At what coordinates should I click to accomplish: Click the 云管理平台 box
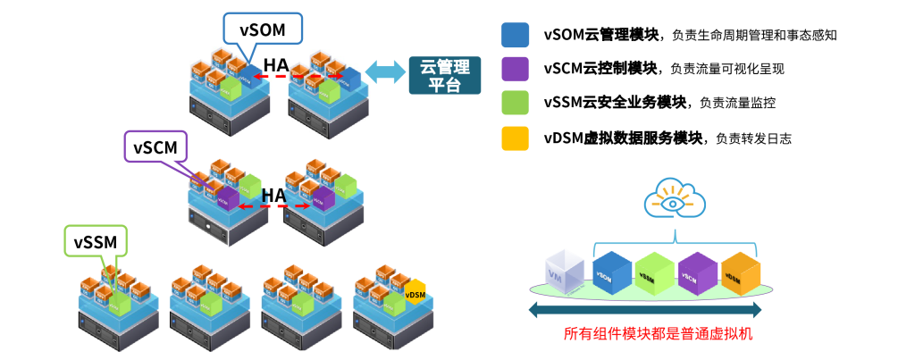[x=444, y=75]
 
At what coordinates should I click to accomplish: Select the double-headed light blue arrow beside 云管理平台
[x=386, y=72]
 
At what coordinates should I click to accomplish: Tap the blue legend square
[x=515, y=35]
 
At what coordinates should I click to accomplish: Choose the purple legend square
[x=515, y=69]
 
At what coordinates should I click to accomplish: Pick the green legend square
[x=515, y=103]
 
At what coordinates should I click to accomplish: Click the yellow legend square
[x=515, y=138]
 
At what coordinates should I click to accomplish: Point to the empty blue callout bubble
[x=262, y=29]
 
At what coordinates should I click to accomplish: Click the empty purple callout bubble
[x=155, y=146]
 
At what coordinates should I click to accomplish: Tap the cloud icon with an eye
[x=676, y=199]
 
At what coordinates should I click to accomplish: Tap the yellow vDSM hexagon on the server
[x=416, y=293]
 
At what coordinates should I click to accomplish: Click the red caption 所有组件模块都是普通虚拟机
[x=658, y=334]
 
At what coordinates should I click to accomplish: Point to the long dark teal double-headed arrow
[x=644, y=310]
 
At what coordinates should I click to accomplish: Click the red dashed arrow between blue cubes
[x=280, y=77]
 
